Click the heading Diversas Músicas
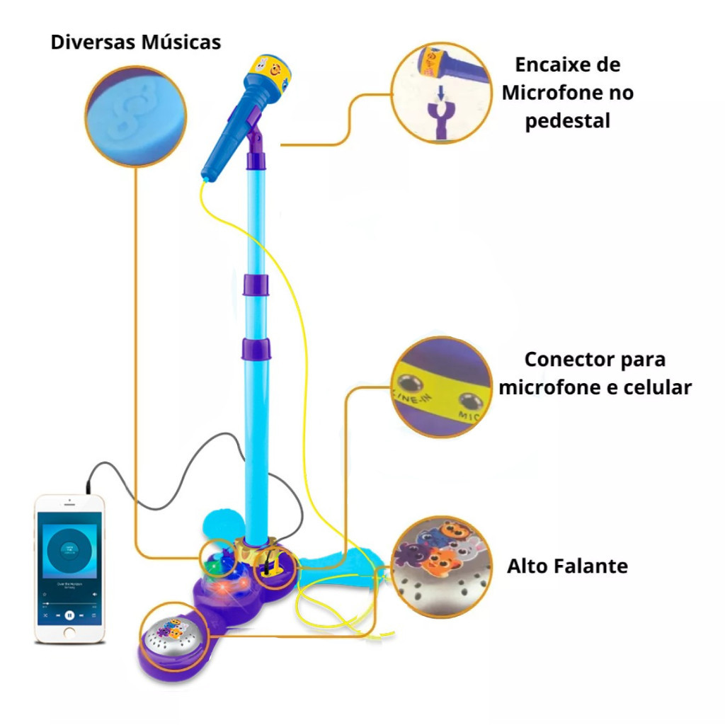pyautogui.click(x=136, y=42)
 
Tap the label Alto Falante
pyautogui.click(x=567, y=566)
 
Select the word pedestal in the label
pyautogui.click(x=567, y=120)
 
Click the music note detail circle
pyautogui.click(x=136, y=116)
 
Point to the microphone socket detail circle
pyautogui.click(x=440, y=93)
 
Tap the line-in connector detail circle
pyautogui.click(x=441, y=387)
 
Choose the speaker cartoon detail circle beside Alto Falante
pyautogui.click(x=441, y=566)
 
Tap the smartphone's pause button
pyautogui.click(x=69, y=615)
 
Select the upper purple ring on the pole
pyautogui.click(x=256, y=285)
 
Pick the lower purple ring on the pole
pyautogui.click(x=256, y=348)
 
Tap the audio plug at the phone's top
pyautogui.click(x=89, y=488)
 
